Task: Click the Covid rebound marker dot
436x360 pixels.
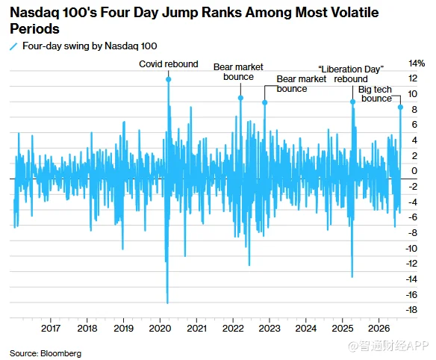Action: [168, 79]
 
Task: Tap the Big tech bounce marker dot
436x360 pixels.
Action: [400, 107]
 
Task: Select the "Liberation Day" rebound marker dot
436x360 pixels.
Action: [352, 102]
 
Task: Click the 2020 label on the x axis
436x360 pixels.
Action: [160, 329]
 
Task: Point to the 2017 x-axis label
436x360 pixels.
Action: [51, 329]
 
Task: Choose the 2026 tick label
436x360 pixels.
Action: [379, 329]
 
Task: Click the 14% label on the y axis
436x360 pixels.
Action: [417, 63]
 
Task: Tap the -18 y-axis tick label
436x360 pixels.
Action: [411, 310]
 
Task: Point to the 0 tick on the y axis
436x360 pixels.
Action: [414, 170]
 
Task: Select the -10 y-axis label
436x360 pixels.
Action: [411, 248]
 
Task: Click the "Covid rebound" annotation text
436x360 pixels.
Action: [169, 64]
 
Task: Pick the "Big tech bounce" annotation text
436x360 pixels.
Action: [376, 94]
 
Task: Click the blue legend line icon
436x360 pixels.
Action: [13, 46]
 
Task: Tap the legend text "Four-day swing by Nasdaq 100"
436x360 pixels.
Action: [90, 46]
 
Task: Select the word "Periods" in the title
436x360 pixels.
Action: [35, 29]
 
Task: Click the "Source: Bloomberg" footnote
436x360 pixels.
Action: [46, 353]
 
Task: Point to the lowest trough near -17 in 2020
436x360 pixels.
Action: [167, 302]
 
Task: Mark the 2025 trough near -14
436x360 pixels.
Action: [352, 277]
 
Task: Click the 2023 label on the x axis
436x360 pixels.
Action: [270, 329]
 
